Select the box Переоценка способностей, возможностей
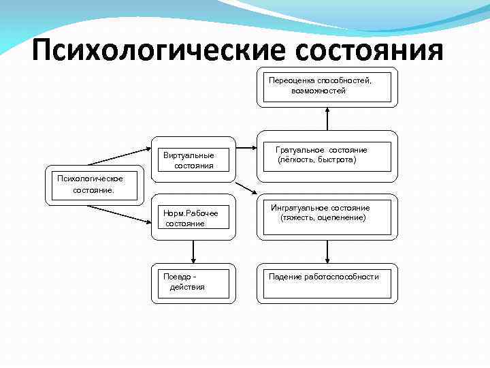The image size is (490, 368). click(x=327, y=87)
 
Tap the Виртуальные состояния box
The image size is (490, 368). click(x=193, y=160)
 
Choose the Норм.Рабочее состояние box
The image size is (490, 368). click(x=193, y=218)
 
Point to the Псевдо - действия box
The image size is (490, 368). click(x=193, y=281)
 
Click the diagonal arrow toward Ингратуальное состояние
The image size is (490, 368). click(x=246, y=189)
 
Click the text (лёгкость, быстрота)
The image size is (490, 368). click(x=316, y=159)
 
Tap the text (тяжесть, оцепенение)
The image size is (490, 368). click(x=323, y=217)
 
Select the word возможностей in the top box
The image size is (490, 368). click(x=318, y=91)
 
